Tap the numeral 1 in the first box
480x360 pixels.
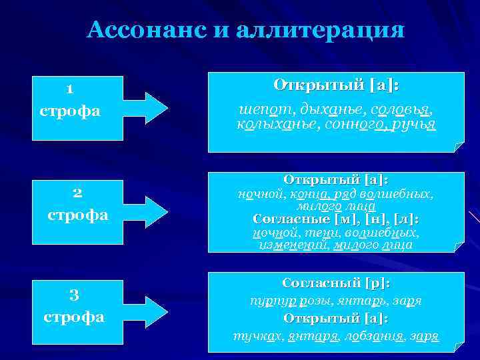tap(70, 89)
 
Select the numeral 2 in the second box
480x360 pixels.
tap(77, 193)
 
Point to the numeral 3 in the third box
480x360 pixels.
tap(74, 294)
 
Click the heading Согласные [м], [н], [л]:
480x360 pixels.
tap(336, 219)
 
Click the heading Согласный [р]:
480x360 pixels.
tap(336, 283)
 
